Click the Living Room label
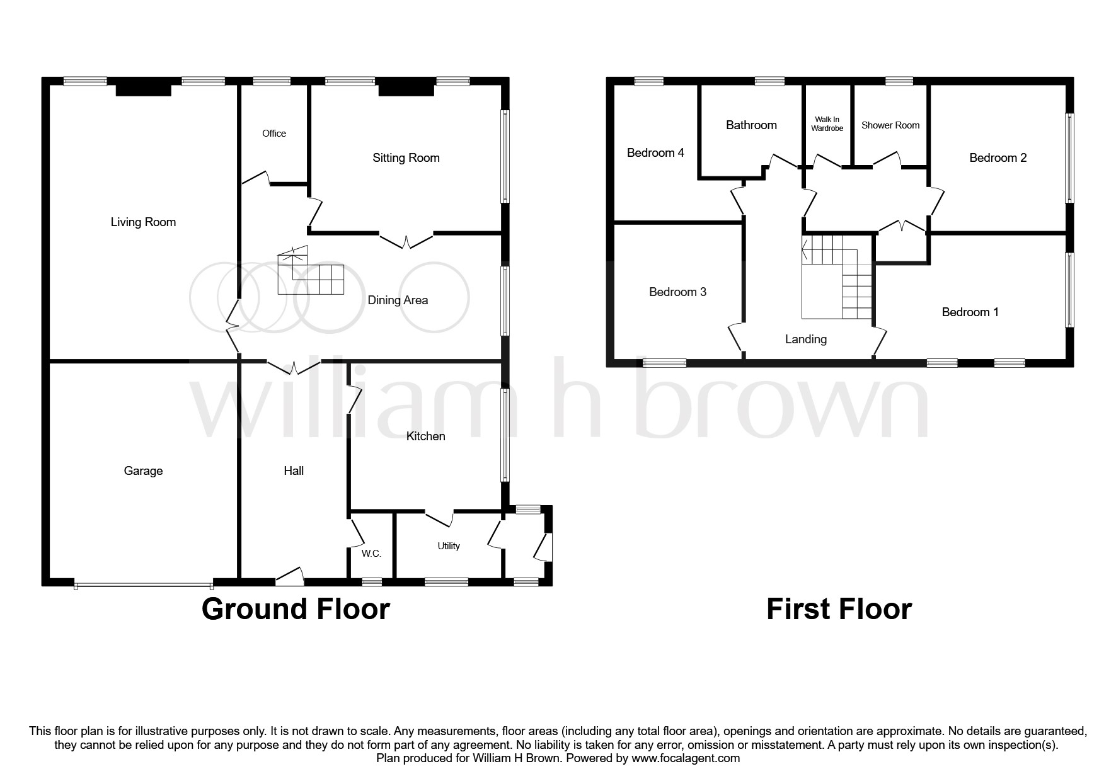143,222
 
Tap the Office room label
274,134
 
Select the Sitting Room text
406,158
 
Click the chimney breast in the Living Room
144,89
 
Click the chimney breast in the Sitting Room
406,89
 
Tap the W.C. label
371,554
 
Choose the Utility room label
449,546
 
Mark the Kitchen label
425,436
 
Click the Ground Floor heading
296,609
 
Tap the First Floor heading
839,609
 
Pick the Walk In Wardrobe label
827,124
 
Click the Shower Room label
890,125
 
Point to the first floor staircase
837,277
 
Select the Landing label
805,339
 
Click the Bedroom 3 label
677,292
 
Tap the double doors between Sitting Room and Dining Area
406,241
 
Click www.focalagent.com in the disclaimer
686,758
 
